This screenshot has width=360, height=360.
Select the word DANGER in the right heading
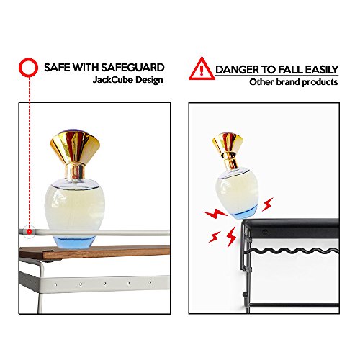click(237, 70)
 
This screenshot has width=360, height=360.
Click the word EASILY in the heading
click(322, 70)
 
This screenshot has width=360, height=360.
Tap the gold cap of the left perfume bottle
click(75, 146)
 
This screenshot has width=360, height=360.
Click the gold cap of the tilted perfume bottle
click(228, 143)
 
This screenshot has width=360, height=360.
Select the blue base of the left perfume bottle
click(74, 242)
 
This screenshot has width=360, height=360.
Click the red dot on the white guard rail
click(30, 232)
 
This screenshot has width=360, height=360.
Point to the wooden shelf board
click(94, 252)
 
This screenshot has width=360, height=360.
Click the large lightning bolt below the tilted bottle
click(232, 237)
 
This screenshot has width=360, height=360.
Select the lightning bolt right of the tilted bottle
click(268, 204)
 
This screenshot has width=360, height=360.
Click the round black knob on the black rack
click(245, 293)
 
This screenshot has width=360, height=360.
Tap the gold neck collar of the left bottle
click(76, 171)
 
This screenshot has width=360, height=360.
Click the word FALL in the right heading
click(289, 70)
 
